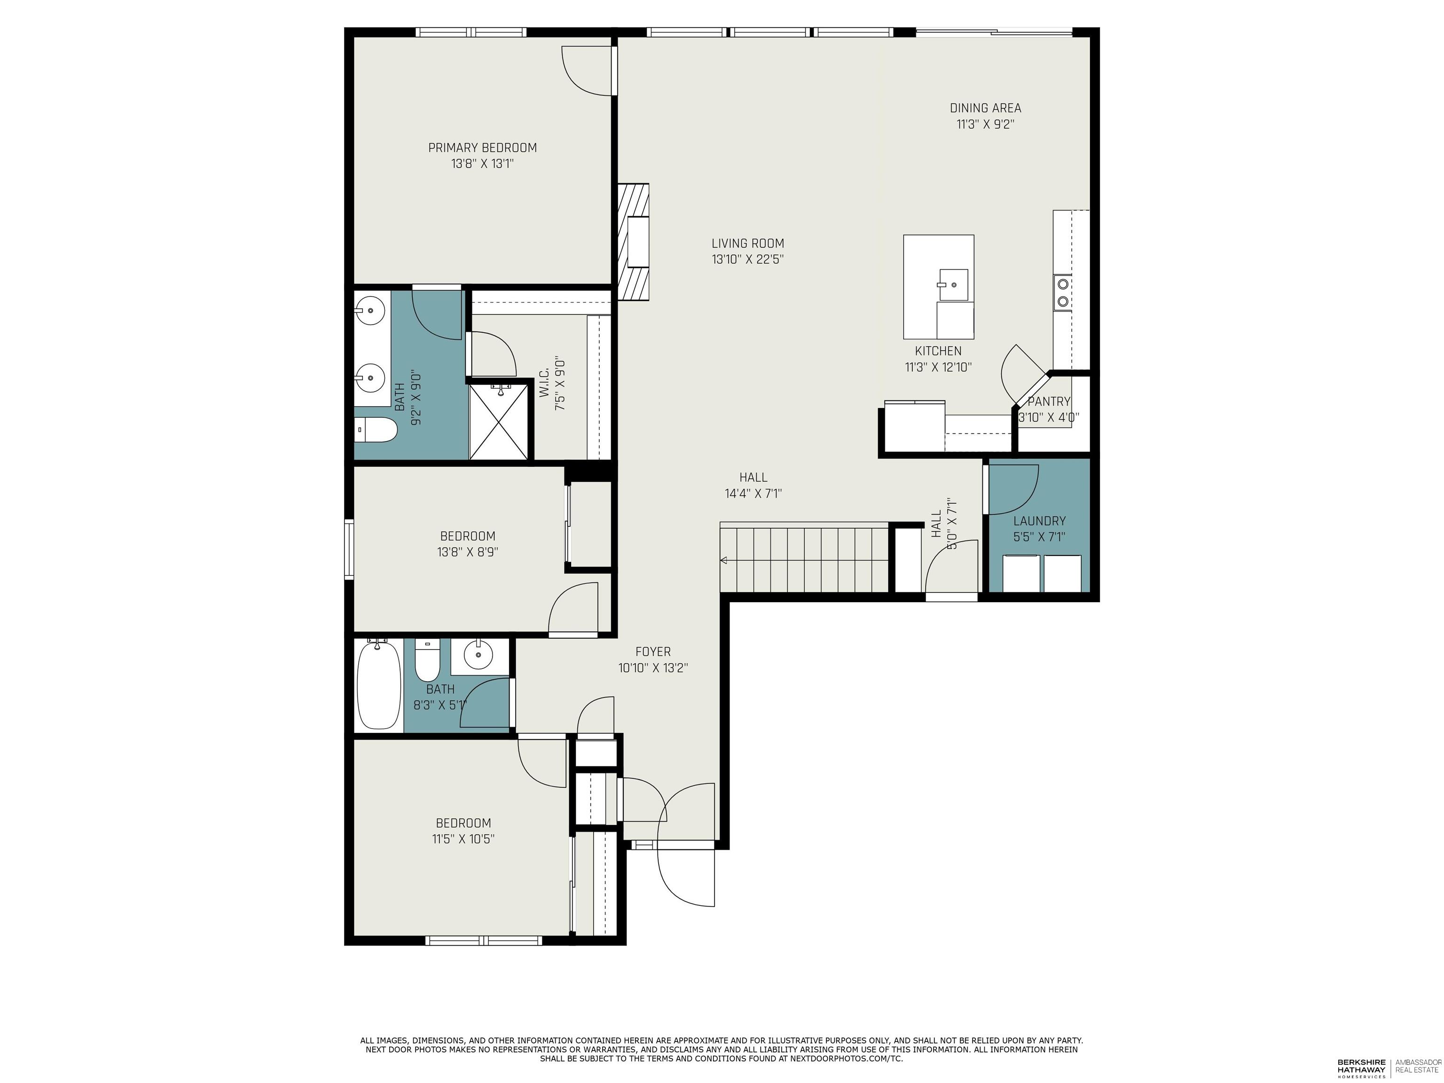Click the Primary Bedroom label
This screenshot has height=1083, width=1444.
tap(482, 148)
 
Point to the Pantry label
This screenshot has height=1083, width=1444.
tap(1048, 401)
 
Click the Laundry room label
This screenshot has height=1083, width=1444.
tap(1039, 521)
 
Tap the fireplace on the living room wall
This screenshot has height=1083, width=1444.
tap(634, 242)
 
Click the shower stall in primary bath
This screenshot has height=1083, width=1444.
tap(499, 422)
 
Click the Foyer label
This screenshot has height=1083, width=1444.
tap(653, 651)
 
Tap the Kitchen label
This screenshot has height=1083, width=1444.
tap(938, 351)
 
